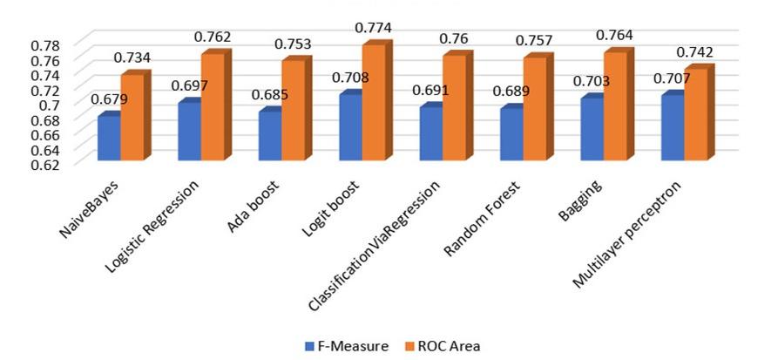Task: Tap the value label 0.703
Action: click(592, 81)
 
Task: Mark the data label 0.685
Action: click(269, 94)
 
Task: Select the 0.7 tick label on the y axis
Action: click(49, 104)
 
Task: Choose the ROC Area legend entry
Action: click(443, 346)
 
